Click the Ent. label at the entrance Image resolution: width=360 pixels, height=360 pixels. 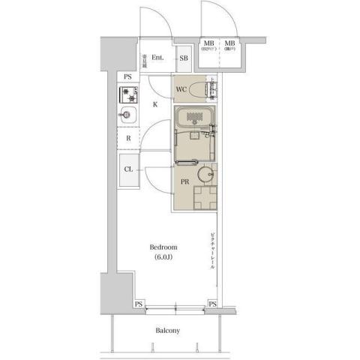[157, 58]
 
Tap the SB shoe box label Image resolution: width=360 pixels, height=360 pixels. [184, 58]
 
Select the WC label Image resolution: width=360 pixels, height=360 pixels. [181, 90]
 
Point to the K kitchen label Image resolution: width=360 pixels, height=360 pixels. [155, 104]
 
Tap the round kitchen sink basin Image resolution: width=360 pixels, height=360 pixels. [126, 116]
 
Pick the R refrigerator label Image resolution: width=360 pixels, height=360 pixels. [129, 138]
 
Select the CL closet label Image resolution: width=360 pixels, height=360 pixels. [129, 169]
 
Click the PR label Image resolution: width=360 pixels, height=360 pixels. [184, 181]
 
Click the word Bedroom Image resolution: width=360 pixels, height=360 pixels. [163, 247]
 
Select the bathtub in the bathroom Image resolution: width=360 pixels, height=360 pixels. [196, 118]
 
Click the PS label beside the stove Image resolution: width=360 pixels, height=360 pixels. [128, 76]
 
